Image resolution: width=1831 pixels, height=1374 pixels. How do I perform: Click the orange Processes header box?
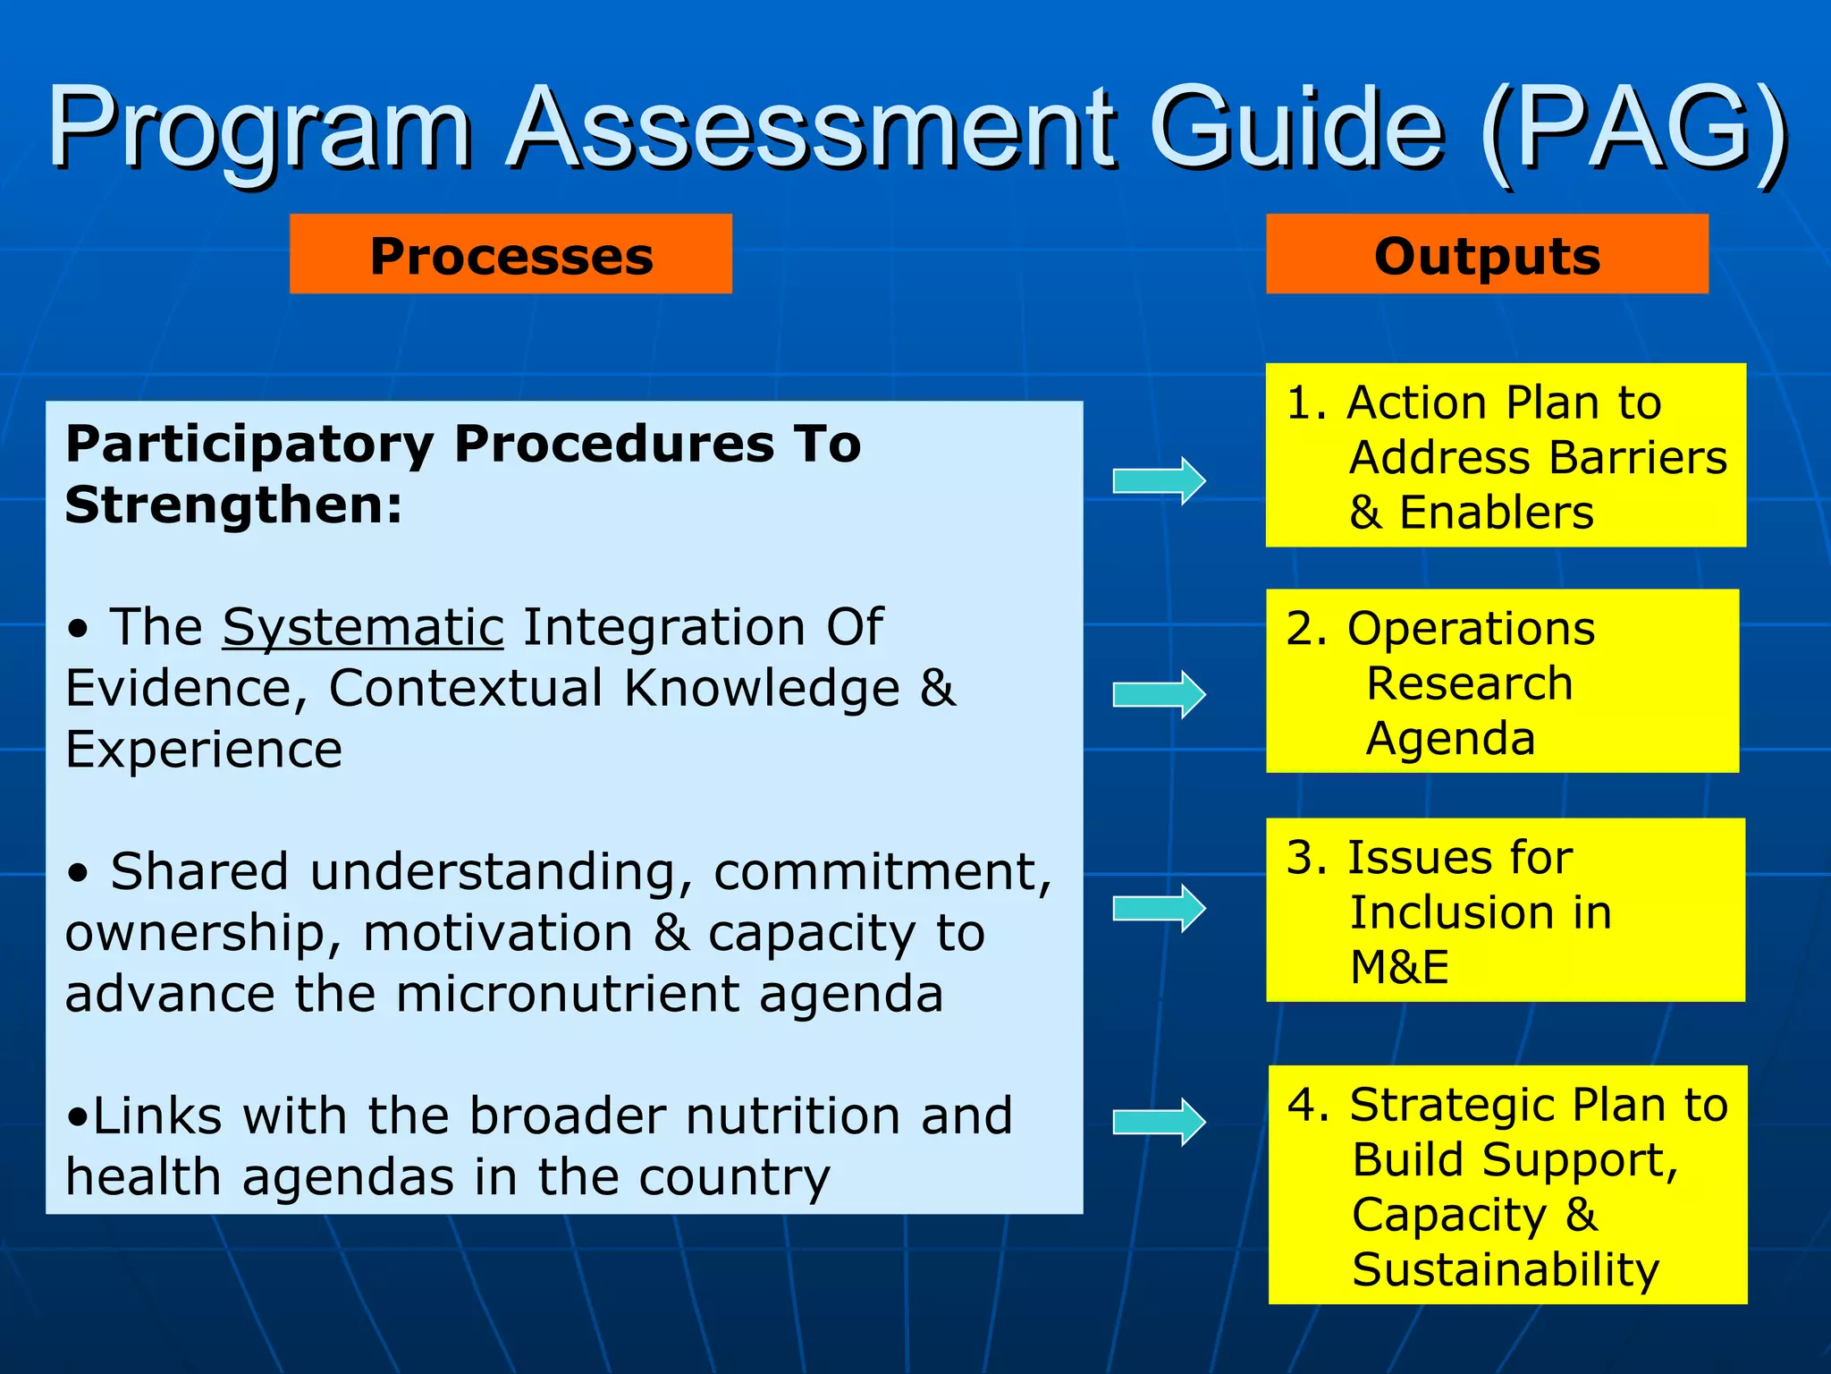pos(510,254)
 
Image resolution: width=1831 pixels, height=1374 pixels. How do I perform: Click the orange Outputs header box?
pos(1486,254)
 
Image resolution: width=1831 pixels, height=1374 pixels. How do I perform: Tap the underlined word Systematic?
pos(363,627)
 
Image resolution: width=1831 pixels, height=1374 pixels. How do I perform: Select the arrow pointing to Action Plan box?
pos(1159,481)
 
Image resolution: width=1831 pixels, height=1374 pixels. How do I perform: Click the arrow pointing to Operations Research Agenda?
pos(1159,694)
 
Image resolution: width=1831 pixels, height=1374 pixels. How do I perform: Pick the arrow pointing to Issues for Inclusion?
pos(1159,909)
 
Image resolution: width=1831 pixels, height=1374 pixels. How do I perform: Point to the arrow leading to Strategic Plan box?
pos(1159,1122)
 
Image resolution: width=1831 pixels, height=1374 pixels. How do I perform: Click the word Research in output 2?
pos(1470,684)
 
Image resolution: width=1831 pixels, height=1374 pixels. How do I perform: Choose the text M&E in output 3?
pos(1399,967)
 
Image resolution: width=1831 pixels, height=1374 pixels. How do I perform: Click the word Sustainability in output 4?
pos(1506,1269)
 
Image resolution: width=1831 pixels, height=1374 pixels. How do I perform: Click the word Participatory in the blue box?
pos(249,445)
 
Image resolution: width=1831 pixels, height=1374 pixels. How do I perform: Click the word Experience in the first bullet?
pos(204,750)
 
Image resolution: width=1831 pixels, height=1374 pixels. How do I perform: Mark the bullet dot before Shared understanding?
pos(79,873)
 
